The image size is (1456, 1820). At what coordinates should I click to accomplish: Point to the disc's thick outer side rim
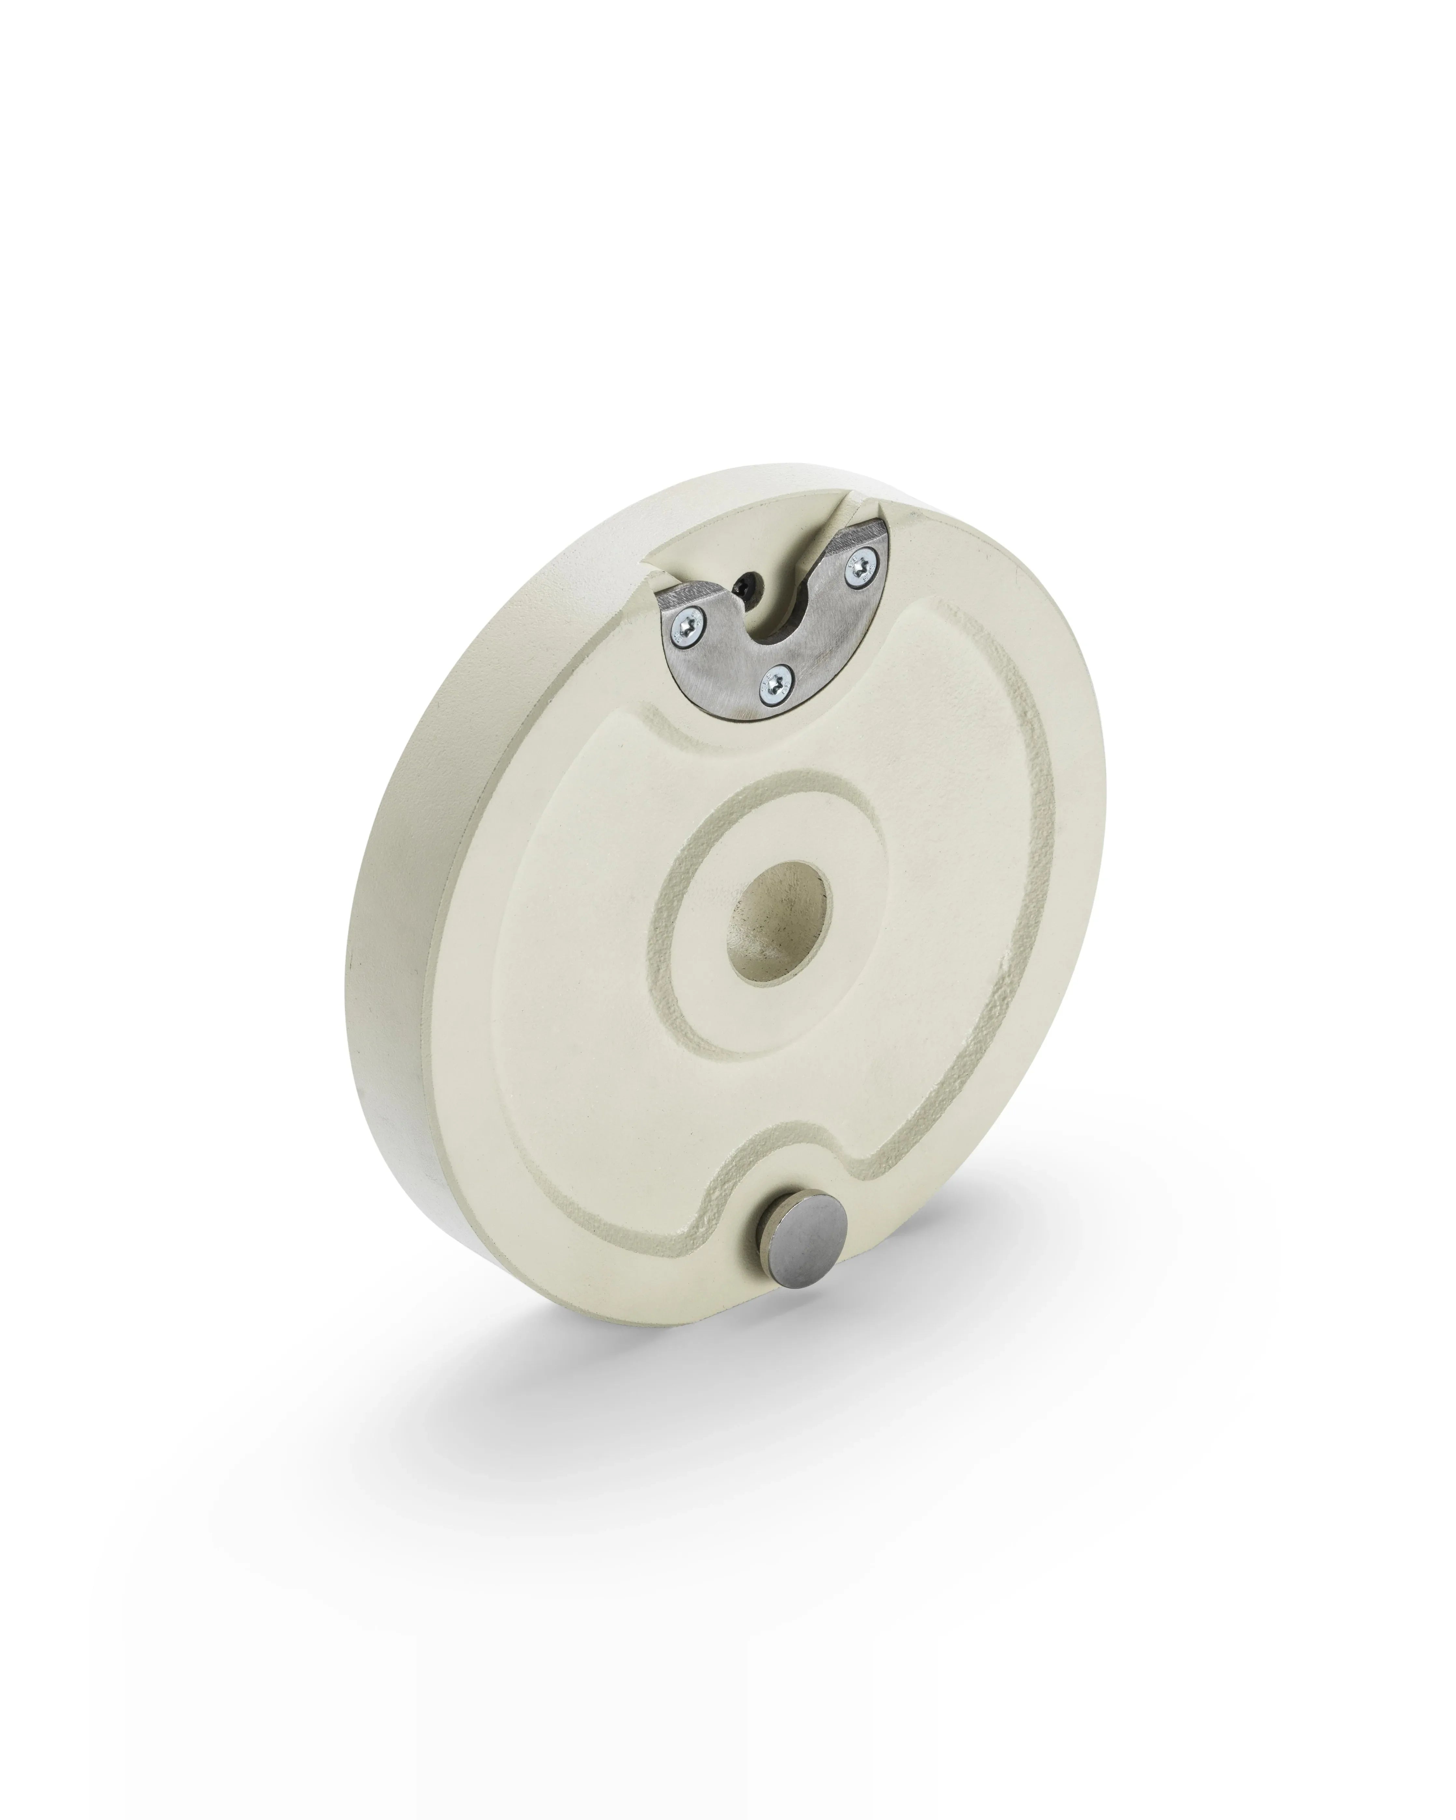click(397, 929)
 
